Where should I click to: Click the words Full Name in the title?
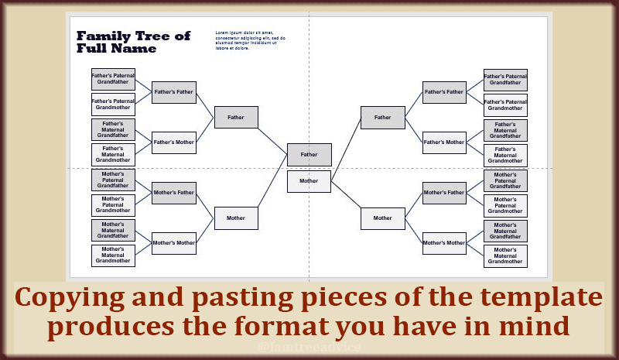(x=116, y=49)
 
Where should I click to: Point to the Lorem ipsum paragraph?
(x=250, y=40)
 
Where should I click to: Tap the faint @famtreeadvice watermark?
(x=309, y=349)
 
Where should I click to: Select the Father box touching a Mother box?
(x=309, y=155)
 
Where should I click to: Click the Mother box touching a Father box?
(x=309, y=181)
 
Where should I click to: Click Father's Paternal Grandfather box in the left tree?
(x=113, y=79)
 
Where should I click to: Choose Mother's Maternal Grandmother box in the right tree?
(x=505, y=255)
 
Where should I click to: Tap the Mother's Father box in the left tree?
(x=173, y=193)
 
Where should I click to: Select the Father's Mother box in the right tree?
(x=444, y=142)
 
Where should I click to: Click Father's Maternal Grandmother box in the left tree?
(x=113, y=155)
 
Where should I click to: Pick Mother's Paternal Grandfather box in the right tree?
(x=505, y=180)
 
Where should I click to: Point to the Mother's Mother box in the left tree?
(x=173, y=243)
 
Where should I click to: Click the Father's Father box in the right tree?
(x=444, y=92)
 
